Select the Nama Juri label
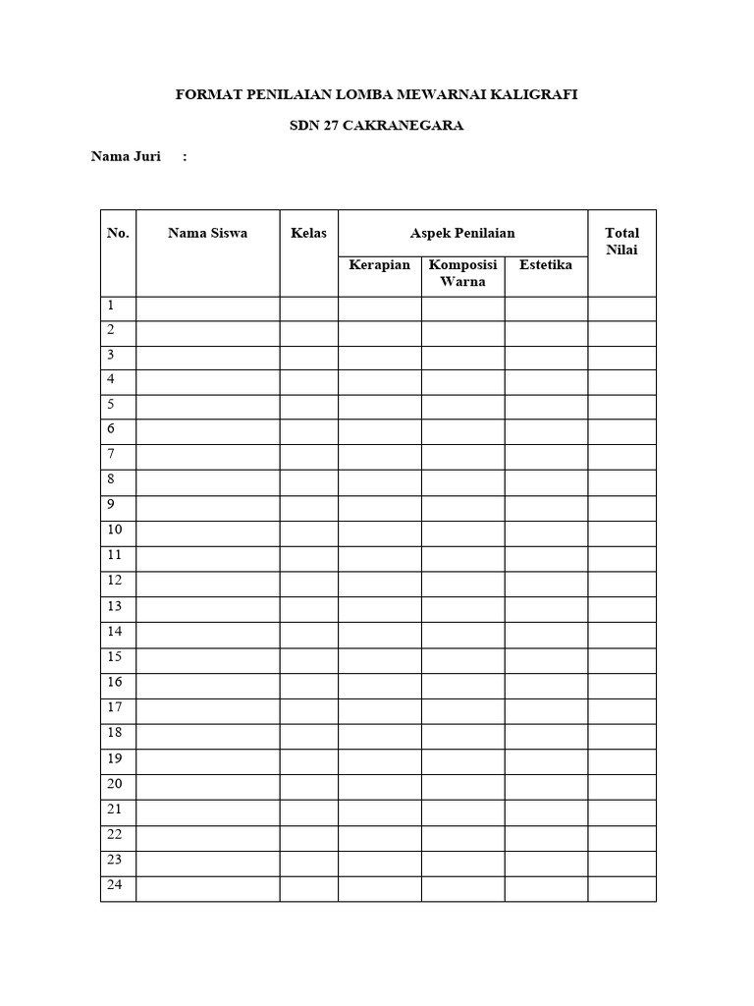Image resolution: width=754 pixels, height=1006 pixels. (126, 156)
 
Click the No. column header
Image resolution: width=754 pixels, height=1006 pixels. (118, 233)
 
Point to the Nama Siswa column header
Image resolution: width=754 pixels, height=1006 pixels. (207, 233)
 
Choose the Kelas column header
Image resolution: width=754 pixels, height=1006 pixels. (308, 233)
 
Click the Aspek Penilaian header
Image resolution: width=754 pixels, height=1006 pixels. (462, 233)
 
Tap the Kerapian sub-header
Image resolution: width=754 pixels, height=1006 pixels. (379, 265)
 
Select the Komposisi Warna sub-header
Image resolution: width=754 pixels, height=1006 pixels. (462, 273)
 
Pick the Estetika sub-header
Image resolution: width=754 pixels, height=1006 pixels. (546, 265)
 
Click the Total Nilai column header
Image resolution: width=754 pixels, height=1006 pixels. (621, 242)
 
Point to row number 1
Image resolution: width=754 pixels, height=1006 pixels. (112, 306)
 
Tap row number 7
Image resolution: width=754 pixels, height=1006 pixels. (112, 454)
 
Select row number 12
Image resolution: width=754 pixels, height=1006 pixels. (115, 580)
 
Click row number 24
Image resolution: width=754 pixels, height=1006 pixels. (115, 884)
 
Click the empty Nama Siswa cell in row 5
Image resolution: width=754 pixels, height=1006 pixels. (207, 406)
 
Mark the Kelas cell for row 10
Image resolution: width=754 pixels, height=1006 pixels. (308, 532)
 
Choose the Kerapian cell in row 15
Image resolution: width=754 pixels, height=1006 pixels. (379, 659)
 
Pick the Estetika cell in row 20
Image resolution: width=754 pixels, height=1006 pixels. (546, 786)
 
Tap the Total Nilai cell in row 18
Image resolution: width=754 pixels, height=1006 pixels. (621, 735)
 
